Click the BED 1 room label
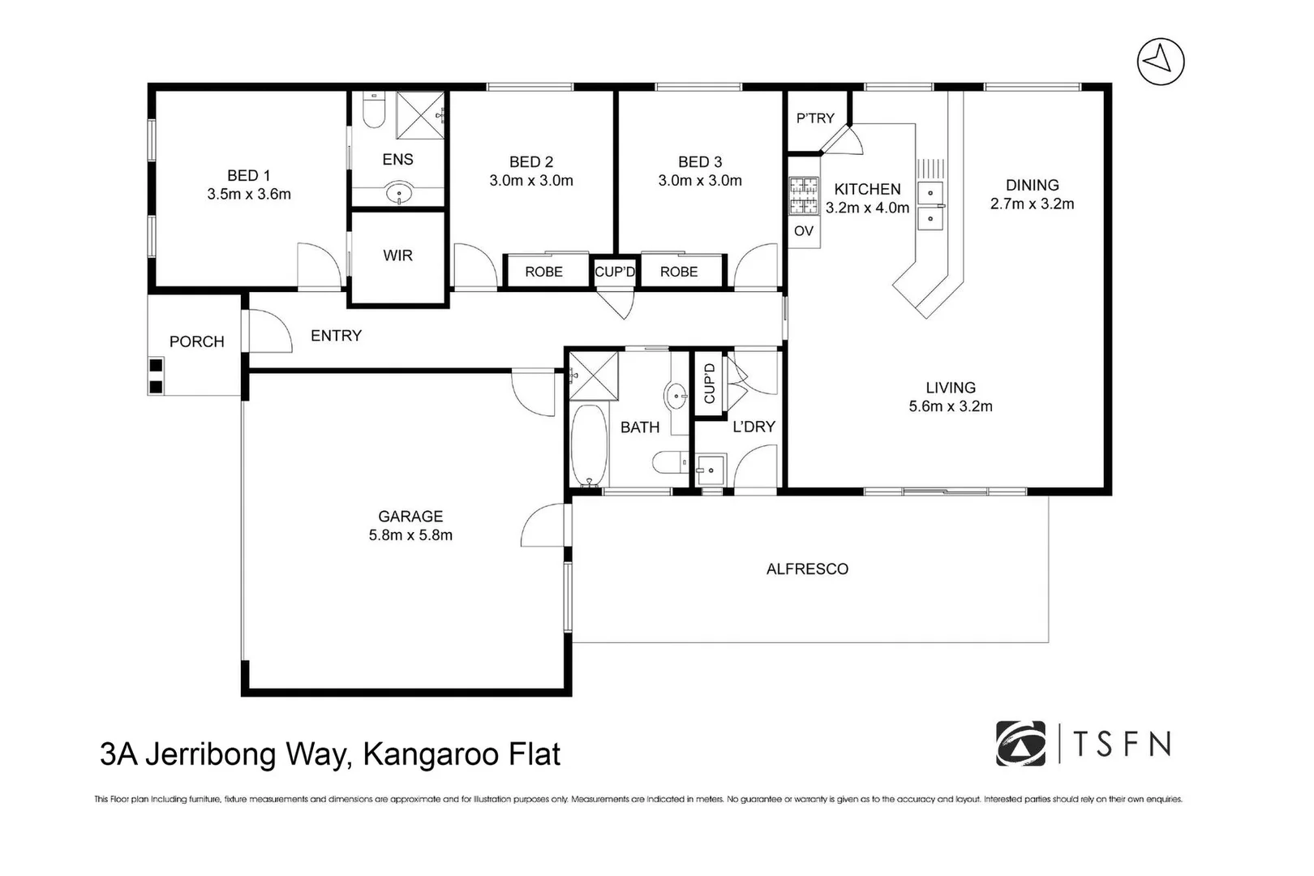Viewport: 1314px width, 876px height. (x=248, y=175)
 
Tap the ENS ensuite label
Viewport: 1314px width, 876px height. (x=397, y=160)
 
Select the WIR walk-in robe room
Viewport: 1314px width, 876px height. (x=397, y=255)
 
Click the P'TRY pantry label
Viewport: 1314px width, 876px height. (x=815, y=118)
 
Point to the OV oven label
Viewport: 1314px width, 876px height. (x=803, y=231)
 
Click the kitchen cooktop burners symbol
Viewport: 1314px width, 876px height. (x=804, y=195)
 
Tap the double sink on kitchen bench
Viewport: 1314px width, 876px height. (x=930, y=205)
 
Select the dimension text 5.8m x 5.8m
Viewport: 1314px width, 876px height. (x=410, y=535)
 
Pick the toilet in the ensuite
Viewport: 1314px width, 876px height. (x=373, y=112)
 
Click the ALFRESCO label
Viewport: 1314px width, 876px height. (x=807, y=569)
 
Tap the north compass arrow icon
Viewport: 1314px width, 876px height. (x=1160, y=61)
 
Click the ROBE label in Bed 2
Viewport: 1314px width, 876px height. (x=543, y=272)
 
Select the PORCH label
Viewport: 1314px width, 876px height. (x=196, y=342)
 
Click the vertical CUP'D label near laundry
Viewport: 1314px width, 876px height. (x=710, y=384)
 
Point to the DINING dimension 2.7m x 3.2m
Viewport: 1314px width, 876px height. (x=1032, y=204)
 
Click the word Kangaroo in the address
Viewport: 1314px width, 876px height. (x=419, y=754)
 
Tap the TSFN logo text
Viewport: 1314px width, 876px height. (x=1123, y=743)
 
